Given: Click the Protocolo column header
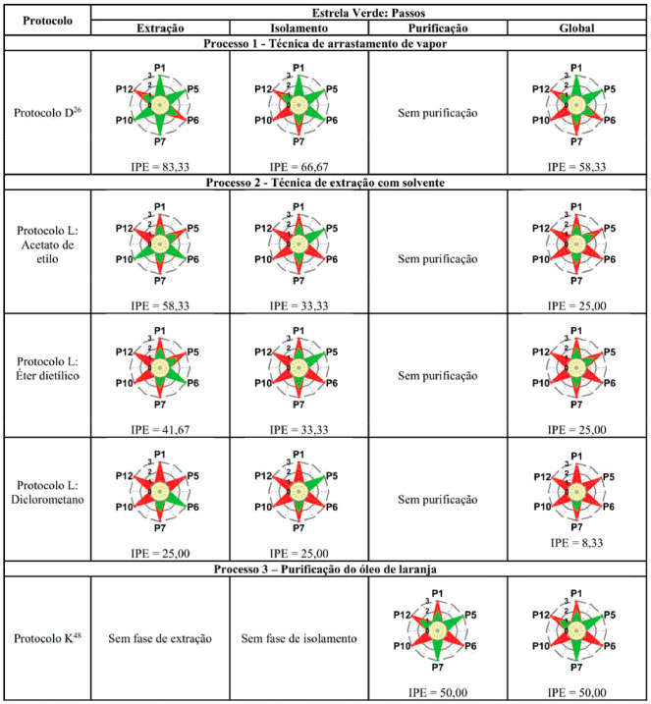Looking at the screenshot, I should [x=47, y=20].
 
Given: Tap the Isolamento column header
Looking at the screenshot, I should [x=298, y=27].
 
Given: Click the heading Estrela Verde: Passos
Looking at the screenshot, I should [x=368, y=11].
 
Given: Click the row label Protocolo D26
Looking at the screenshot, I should [x=47, y=113].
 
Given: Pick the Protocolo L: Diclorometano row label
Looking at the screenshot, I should [x=47, y=500].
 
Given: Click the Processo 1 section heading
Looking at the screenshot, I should [x=368, y=44].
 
